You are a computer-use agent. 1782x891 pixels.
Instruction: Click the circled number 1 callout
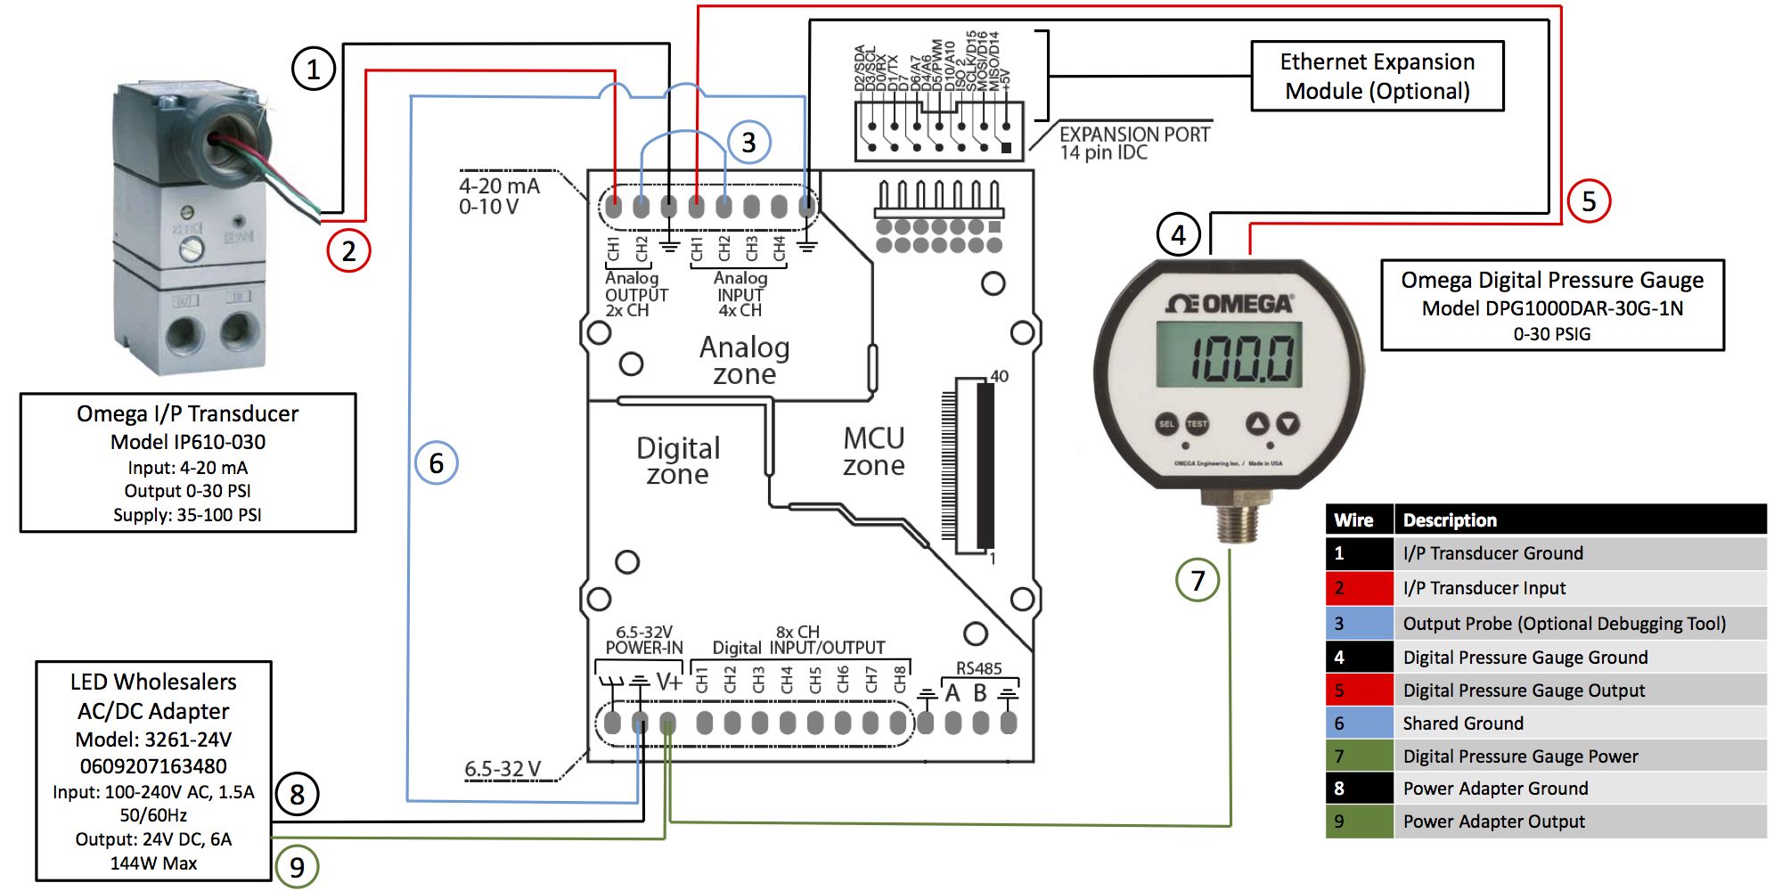314,69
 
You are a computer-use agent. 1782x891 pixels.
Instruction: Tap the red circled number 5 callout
1589,200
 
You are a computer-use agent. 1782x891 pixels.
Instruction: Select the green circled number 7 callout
1198,580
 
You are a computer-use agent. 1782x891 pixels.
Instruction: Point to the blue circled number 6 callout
437,462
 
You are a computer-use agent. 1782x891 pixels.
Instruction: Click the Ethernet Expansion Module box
1377,76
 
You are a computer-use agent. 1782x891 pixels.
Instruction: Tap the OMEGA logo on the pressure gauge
1230,304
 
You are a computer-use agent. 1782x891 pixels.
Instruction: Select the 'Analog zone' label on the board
745,360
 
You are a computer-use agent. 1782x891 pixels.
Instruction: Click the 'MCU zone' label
874,451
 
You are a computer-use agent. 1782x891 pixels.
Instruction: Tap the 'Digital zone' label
678,461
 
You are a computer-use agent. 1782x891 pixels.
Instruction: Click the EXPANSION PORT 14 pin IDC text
1133,143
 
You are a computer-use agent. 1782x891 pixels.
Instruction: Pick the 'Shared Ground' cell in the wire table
1463,723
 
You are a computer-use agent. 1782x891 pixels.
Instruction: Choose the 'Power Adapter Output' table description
1494,821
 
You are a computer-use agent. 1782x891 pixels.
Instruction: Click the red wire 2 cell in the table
1359,588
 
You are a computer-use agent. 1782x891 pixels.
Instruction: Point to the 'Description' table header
1450,519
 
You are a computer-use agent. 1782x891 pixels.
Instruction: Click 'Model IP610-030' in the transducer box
188,442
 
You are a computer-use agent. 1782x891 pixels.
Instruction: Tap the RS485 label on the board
978,668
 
